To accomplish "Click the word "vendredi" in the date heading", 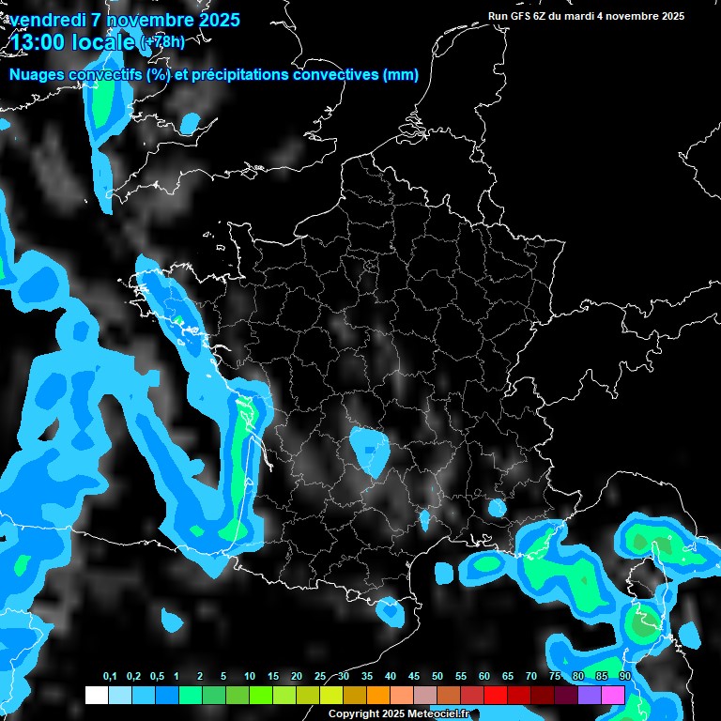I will tap(49, 20).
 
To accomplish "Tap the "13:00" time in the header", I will tap(38, 42).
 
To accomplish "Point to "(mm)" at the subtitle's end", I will tap(400, 75).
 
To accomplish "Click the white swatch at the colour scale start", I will tap(97, 696).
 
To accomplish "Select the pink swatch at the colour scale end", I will tap(613, 696).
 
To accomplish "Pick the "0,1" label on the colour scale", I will tap(110, 677).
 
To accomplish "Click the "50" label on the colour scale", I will tap(437, 677).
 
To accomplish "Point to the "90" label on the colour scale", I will tap(625, 677).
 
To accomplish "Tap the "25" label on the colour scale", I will tap(320, 677).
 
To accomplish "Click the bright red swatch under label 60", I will tap(496, 696).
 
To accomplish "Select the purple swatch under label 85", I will tap(590, 696).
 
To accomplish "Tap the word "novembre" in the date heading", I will tap(148, 20).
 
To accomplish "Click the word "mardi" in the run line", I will tap(580, 16).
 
